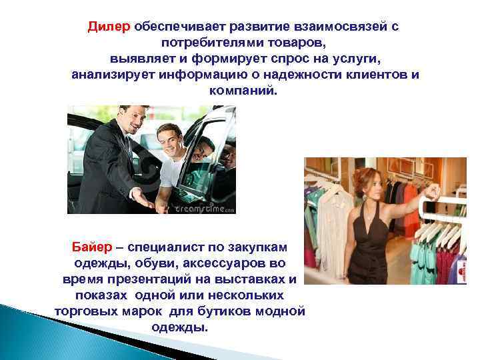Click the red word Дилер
pos(109,27)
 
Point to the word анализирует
pos(113,73)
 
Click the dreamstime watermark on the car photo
pos(205,207)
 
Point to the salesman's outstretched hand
pos(143,199)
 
